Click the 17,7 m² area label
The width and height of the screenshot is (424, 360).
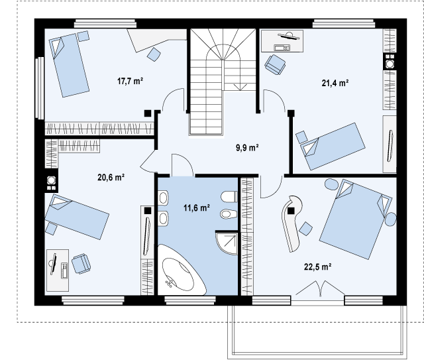tap(130, 81)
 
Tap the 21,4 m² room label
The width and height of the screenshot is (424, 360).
tap(335, 83)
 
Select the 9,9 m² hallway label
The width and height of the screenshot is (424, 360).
tap(247, 148)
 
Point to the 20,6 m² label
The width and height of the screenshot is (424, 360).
tap(111, 178)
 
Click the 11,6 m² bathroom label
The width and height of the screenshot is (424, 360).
tap(197, 208)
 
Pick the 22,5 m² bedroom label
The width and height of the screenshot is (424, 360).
tap(318, 267)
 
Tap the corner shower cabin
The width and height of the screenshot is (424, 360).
tap(227, 243)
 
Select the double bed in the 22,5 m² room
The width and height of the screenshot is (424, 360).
tap(356, 219)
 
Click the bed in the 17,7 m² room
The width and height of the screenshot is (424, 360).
tap(69, 65)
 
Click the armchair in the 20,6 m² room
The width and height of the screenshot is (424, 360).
tap(81, 264)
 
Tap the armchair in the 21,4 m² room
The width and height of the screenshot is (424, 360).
tap(276, 64)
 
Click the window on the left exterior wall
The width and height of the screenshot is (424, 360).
tap(40, 88)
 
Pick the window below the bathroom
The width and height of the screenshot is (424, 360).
tap(190, 300)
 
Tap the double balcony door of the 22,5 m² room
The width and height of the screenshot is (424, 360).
tap(320, 288)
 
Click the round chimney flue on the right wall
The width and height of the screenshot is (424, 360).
tap(390, 64)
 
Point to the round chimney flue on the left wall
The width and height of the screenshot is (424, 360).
tap(51, 180)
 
